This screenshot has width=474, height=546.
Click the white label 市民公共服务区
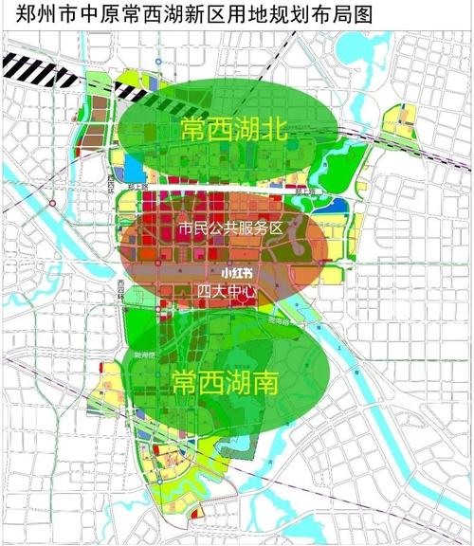[x=229, y=227]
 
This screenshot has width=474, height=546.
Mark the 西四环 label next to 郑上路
[x=116, y=179]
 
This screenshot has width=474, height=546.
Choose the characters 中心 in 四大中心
[x=240, y=290]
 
